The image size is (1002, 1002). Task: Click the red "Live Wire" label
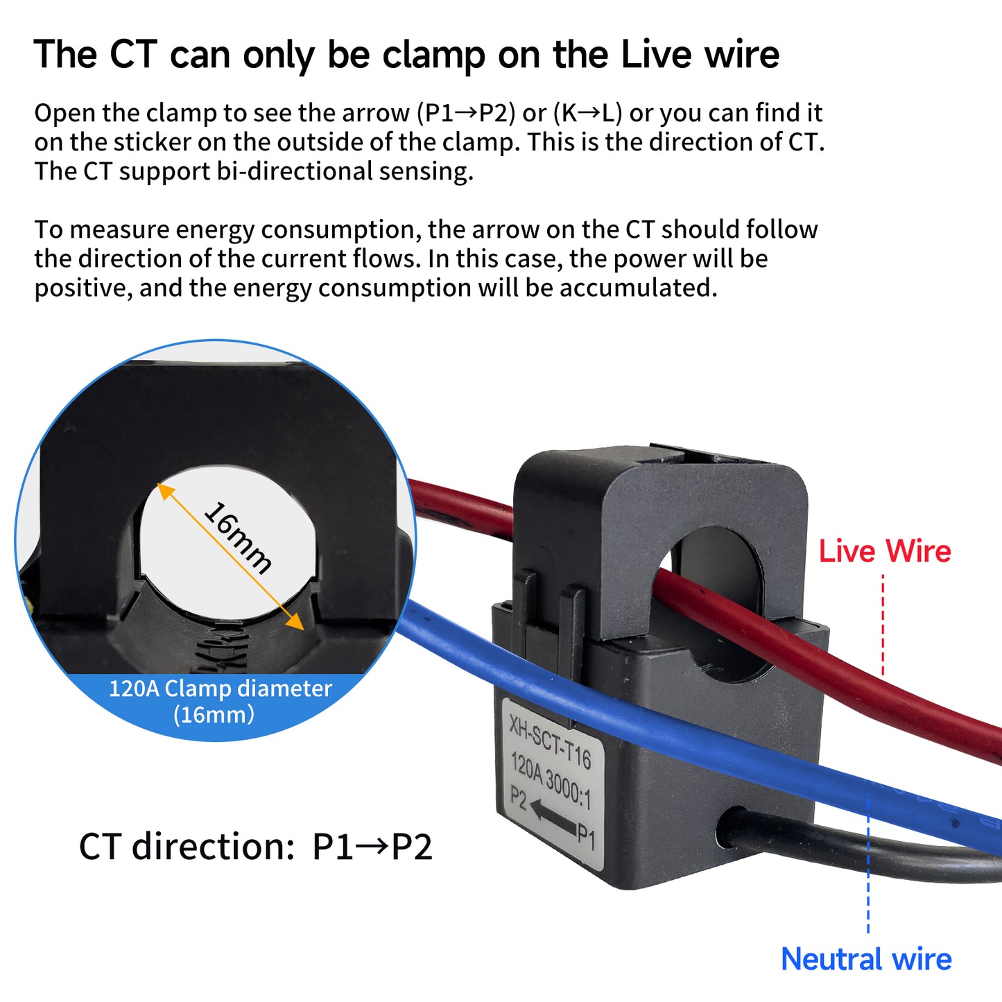point(885,551)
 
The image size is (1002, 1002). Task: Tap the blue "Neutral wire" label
point(866,960)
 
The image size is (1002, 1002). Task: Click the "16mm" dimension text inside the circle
point(237,537)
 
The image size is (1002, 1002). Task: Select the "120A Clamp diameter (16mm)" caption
point(220,701)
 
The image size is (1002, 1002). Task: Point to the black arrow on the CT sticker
point(553,817)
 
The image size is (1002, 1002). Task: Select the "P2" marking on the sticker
point(518,797)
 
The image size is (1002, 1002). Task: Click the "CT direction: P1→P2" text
point(256,847)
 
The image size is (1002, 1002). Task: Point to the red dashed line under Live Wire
point(883,624)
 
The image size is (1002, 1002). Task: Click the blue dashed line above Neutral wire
point(868,867)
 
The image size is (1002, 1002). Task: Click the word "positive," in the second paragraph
point(83,288)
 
